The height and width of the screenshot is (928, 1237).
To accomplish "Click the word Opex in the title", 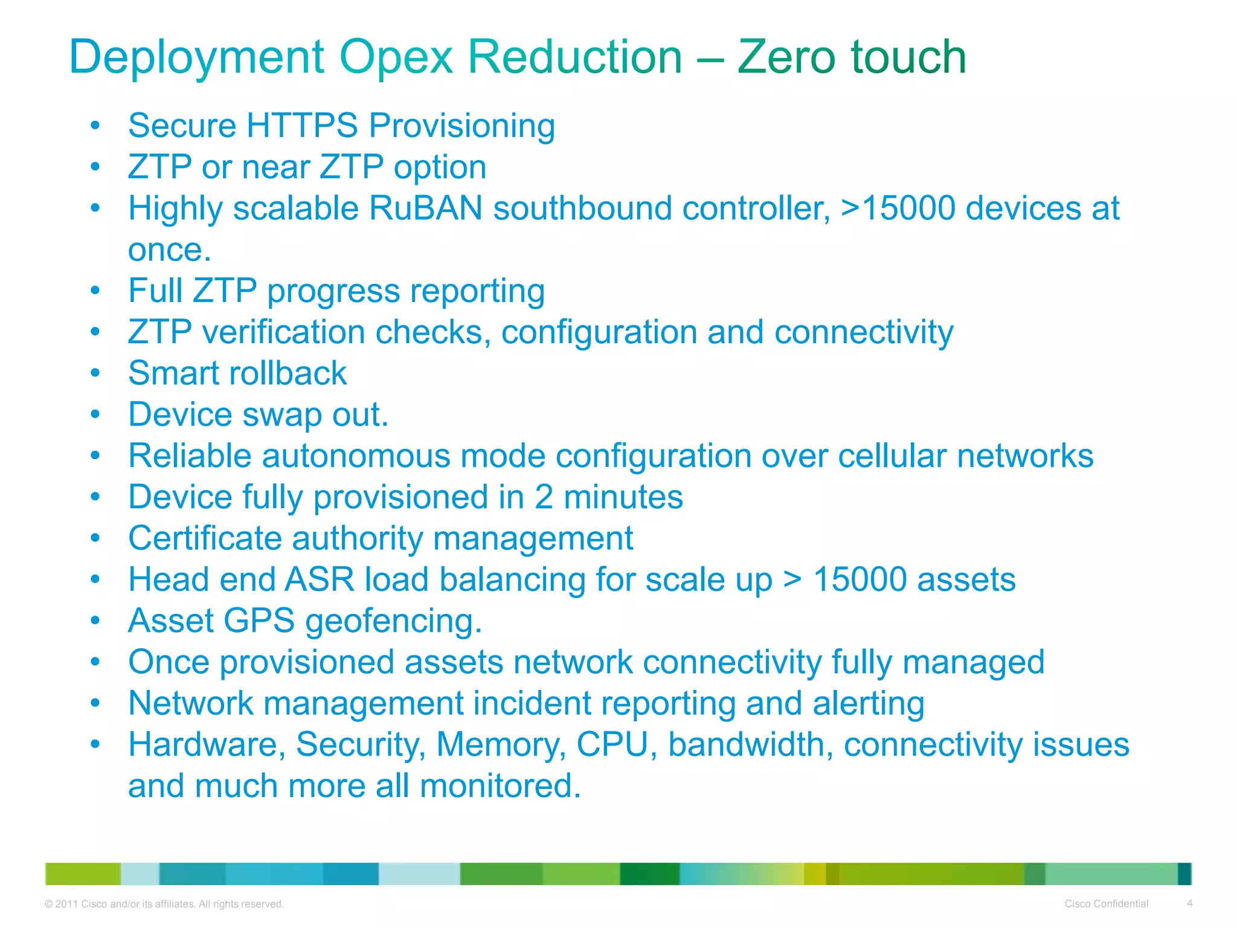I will click(396, 57).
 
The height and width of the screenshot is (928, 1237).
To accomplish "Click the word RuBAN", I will click(425, 208).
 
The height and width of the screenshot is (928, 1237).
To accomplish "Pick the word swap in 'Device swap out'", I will click(282, 415).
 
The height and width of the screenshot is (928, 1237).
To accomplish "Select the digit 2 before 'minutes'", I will click(544, 497).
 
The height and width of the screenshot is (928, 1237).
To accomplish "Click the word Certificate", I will click(205, 538).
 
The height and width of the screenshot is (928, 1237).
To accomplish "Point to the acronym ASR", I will click(320, 580).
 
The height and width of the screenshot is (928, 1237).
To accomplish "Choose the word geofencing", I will click(393, 622).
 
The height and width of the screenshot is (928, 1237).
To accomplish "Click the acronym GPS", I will click(259, 621).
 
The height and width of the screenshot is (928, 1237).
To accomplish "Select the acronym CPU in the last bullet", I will click(612, 745).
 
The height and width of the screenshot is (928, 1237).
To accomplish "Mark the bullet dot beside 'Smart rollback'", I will click(95, 373).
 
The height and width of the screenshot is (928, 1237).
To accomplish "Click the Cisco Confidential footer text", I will click(1106, 904).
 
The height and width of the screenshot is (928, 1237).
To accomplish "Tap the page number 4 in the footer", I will click(1189, 903).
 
